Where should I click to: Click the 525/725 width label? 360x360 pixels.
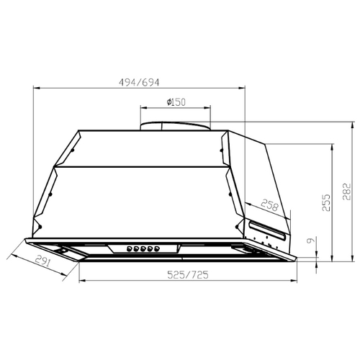pyautogui.click(x=187, y=274)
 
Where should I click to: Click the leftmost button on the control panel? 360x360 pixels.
pyautogui.click(x=130, y=249)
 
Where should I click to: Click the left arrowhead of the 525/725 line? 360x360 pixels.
pyautogui.click(x=80, y=281)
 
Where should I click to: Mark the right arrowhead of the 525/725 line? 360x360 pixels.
pyautogui.click(x=296, y=281)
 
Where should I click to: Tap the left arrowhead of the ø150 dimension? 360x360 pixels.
pyautogui.click(x=142, y=109)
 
